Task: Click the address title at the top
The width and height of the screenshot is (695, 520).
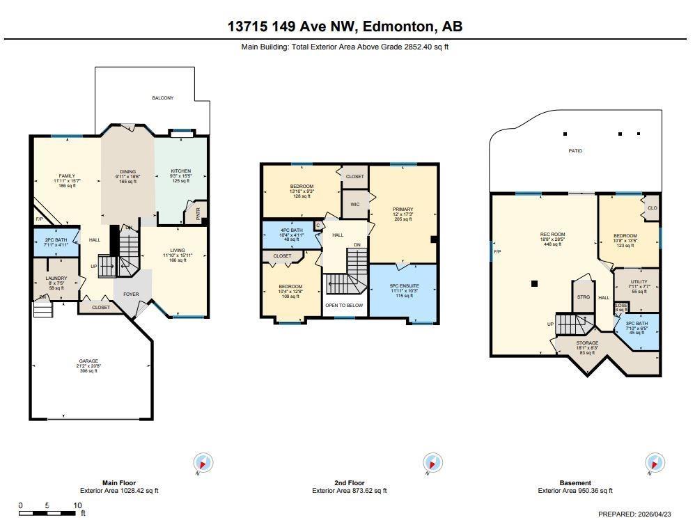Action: point(345,26)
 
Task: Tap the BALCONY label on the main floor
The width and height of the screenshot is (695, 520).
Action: point(163,98)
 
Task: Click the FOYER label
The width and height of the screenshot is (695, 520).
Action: point(131,294)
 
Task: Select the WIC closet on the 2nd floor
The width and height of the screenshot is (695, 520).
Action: point(354,205)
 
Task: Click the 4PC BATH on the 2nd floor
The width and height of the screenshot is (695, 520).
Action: point(291,234)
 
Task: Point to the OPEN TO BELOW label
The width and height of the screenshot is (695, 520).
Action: point(344,305)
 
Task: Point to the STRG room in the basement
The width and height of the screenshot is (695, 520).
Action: point(584,297)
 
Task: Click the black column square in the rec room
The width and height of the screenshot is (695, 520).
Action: point(534,283)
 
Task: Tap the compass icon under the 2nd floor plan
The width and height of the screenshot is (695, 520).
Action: point(432,463)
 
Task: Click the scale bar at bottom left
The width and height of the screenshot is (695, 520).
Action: point(49,514)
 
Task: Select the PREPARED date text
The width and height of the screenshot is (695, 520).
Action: point(635,514)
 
